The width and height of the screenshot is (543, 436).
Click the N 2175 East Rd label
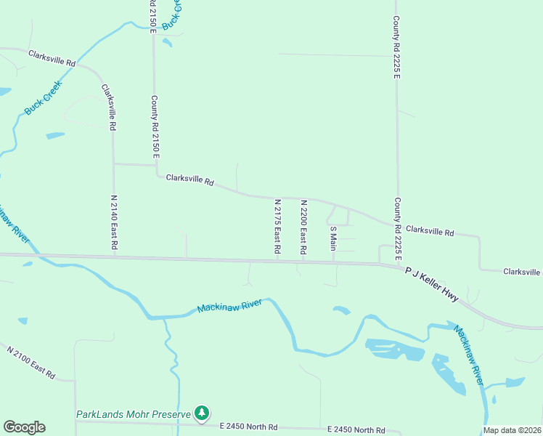tap(277, 226)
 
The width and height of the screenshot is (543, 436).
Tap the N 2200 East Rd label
tap(303, 227)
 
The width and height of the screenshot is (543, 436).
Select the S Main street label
tap(333, 238)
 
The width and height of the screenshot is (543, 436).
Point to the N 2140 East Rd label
tap(114, 222)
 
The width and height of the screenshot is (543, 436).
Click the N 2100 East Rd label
tap(31, 362)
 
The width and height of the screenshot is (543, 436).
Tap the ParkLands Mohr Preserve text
tap(133, 414)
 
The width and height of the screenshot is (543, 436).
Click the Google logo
tap(24, 427)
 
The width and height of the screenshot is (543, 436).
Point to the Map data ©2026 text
tap(512, 430)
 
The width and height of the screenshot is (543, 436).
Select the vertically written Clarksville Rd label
tap(110, 108)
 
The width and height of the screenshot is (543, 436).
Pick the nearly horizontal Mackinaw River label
tap(229, 306)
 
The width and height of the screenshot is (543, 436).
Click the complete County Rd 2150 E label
tap(155, 127)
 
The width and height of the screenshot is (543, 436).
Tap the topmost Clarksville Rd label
tap(52, 58)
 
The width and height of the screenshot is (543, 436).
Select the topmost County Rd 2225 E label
tap(396, 47)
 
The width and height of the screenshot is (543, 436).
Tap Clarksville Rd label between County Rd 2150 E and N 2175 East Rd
tap(189, 179)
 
